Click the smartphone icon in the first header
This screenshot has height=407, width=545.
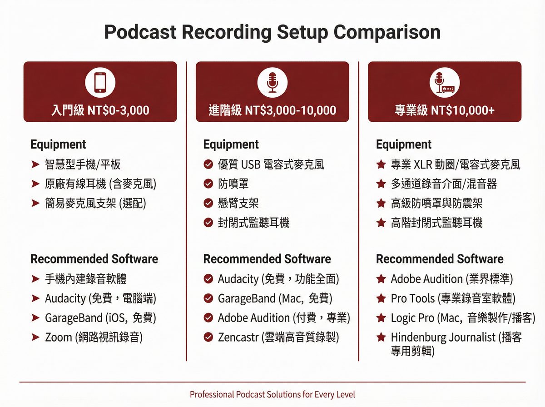[100, 83]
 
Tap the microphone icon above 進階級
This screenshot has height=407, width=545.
[272, 83]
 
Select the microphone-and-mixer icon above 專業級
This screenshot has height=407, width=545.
[444, 83]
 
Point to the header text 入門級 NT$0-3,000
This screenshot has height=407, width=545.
[100, 110]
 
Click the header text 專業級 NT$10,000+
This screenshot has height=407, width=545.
[444, 110]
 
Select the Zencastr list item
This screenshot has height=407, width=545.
[278, 337]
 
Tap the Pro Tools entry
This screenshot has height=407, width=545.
[453, 298]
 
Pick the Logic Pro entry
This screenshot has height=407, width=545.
[462, 318]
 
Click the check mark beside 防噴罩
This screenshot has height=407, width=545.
[208, 184]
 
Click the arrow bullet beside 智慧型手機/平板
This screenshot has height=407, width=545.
[35, 164]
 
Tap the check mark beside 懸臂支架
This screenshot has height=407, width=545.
[208, 203]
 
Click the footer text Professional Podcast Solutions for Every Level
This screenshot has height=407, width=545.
[272, 394]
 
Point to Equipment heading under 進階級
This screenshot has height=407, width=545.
[231, 144]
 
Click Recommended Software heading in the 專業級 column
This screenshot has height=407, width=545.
[440, 259]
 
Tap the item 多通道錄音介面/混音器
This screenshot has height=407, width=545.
[443, 184]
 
